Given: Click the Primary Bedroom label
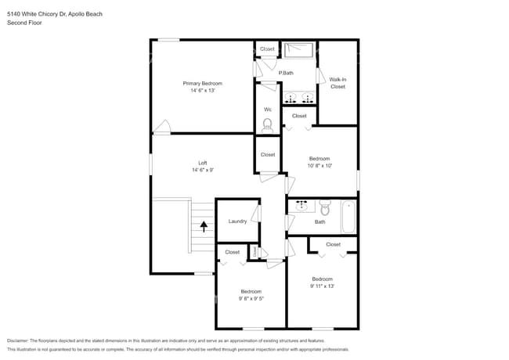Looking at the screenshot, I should pos(202,83).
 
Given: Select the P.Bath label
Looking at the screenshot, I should pos(286,73).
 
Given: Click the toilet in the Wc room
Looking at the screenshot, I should pos(267,124).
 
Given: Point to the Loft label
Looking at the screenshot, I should pos(202,163).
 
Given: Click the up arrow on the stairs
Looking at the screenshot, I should pos(204,227).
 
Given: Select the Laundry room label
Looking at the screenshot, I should pos(237,221).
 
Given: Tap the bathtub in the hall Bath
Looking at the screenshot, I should pos(348,216).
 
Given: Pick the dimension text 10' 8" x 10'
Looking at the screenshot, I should pos(319,165).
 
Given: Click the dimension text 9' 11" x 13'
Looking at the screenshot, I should pos(322,286).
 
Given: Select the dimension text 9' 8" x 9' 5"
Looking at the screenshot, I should pos(251,298).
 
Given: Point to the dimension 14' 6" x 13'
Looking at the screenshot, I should pos(202,91).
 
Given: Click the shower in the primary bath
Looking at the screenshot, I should pos(298,50).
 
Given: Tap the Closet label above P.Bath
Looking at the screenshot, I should pos(267,49).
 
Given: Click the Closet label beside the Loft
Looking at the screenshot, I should pos(267,154).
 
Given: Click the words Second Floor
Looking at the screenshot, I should pos(23,23).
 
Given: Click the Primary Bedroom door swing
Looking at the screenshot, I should pos(162,127).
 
